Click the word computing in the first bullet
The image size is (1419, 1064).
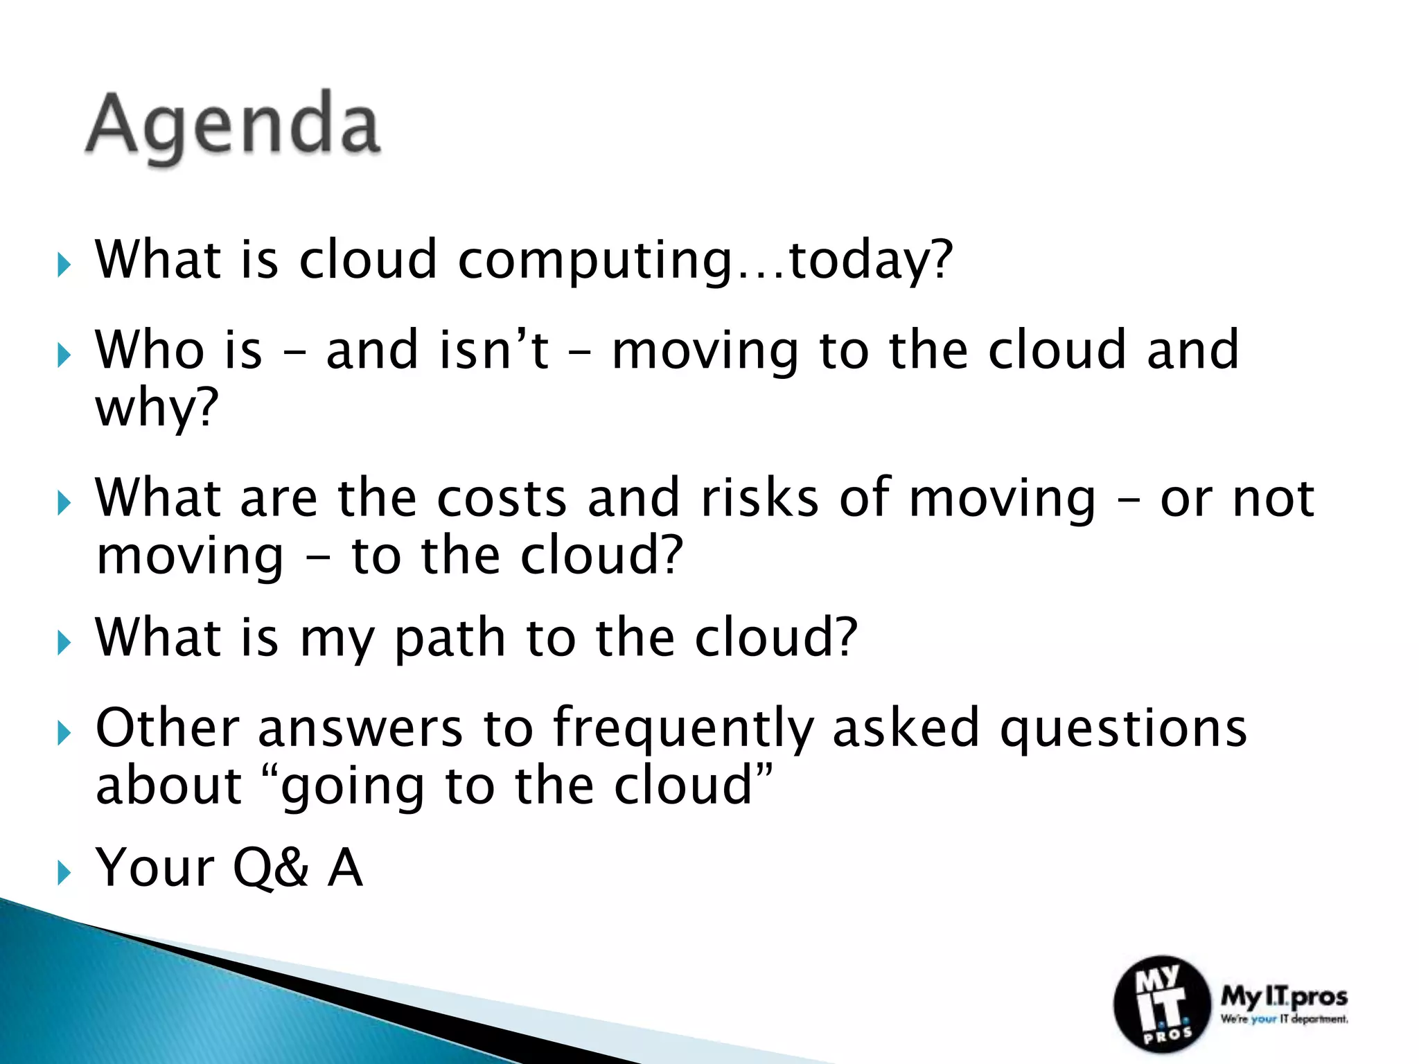pos(594,261)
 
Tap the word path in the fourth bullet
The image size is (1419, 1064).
pos(450,638)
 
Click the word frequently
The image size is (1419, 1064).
pos(683,730)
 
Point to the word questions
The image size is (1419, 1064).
pos(1122,730)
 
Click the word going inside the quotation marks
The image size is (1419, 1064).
pos(352,788)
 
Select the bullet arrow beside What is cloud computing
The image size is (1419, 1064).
pos(64,265)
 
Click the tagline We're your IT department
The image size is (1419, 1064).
pos(1284,1019)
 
